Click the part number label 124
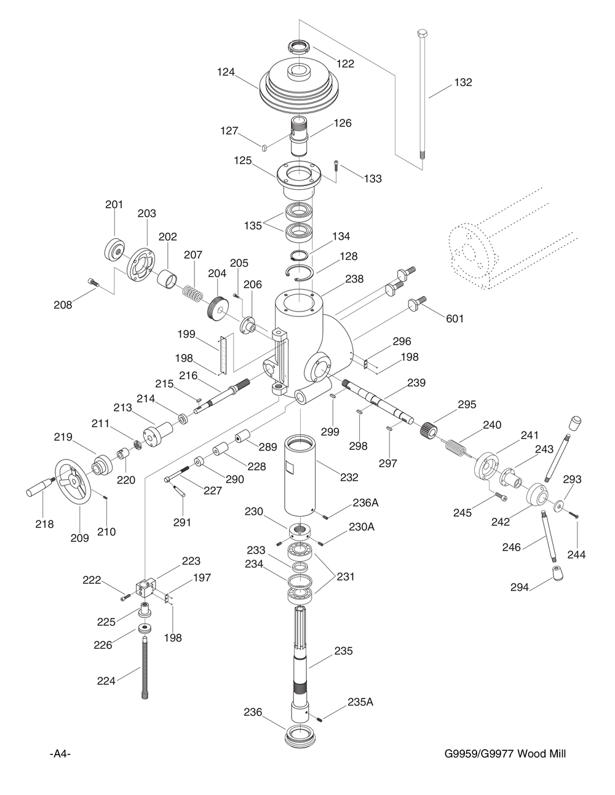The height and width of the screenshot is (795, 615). point(226,72)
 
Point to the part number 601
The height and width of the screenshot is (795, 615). point(454,318)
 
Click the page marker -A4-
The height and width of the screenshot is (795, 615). point(60,754)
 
